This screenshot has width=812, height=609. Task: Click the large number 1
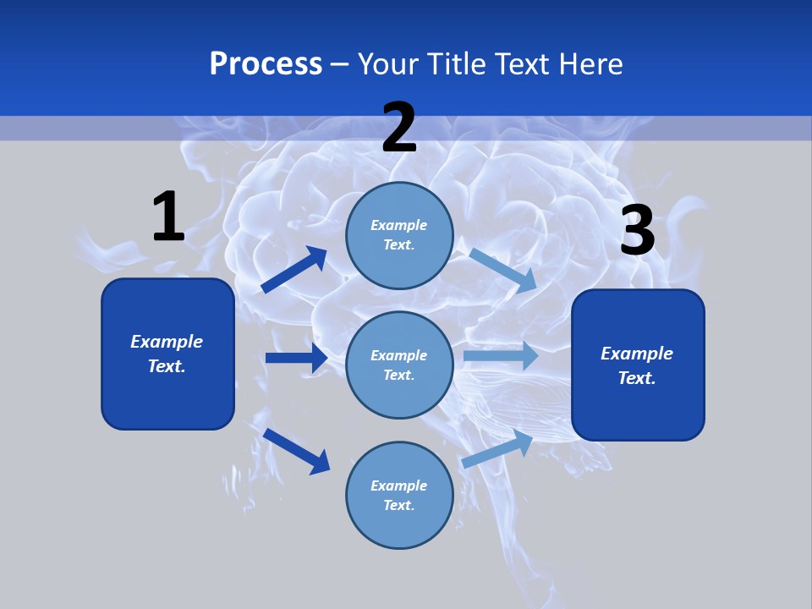tap(168, 217)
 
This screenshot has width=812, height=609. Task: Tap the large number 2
tap(399, 129)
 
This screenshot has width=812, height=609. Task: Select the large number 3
tap(638, 231)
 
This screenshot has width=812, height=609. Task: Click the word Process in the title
tap(266, 63)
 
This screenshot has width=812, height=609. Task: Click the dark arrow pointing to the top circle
tap(294, 270)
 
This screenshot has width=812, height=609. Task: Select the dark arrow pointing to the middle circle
tap(296, 358)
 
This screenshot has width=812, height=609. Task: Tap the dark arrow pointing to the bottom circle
tap(296, 451)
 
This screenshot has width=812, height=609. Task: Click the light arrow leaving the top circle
tap(503, 270)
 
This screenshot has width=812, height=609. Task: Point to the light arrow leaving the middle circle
tap(501, 355)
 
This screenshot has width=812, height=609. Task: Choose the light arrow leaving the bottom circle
tap(497, 449)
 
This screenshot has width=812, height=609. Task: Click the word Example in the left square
tap(167, 342)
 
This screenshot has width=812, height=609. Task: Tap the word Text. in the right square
tap(637, 378)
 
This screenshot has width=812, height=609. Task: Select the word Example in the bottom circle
tap(399, 486)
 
